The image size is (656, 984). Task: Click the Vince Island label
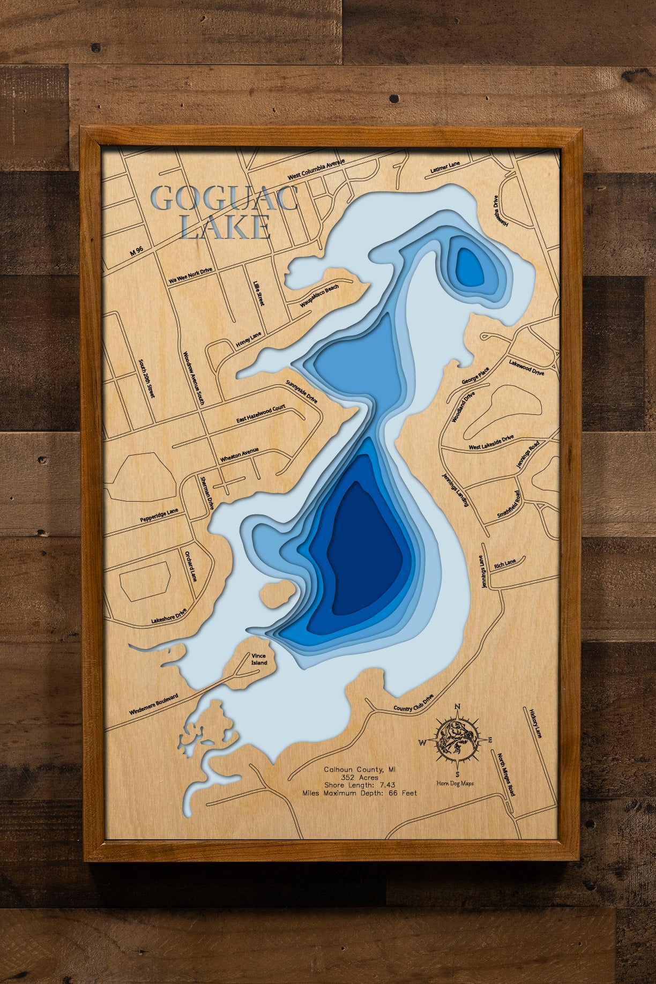pos(259,659)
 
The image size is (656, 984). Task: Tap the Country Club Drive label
pos(413,704)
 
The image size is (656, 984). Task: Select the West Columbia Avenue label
pos(316,169)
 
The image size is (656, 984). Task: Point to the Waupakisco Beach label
pos(319,296)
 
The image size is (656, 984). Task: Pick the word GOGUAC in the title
pos(225,198)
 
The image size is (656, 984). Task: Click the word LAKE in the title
pos(226,227)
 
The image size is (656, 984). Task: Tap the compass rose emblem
pos(457,741)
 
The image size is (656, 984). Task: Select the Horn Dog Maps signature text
pos(455,783)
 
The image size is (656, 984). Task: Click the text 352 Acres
pos(359,777)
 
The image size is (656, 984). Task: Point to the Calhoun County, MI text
pos(359,769)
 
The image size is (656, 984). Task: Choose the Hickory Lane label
pos(535,724)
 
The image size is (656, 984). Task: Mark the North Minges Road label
pos(505,774)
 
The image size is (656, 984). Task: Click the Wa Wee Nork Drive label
pos(191,275)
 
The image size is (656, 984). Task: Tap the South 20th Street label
pos(146,378)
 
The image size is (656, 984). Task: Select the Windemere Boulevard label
pos(153,704)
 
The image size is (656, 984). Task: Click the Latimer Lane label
pos(445,168)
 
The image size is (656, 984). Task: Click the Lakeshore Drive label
pos(168,616)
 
